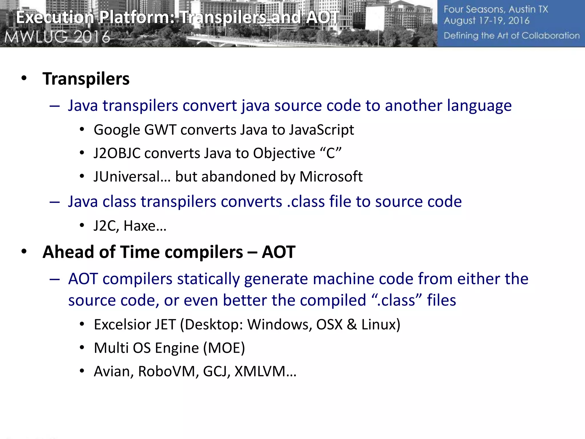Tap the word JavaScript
[x=321, y=130]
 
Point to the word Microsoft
[x=331, y=177]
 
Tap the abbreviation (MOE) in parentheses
[x=224, y=348]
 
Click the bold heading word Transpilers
[x=86, y=79]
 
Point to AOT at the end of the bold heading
[x=279, y=252]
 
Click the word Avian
[x=112, y=372]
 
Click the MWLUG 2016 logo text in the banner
[x=57, y=37]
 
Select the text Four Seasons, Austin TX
[x=496, y=9]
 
